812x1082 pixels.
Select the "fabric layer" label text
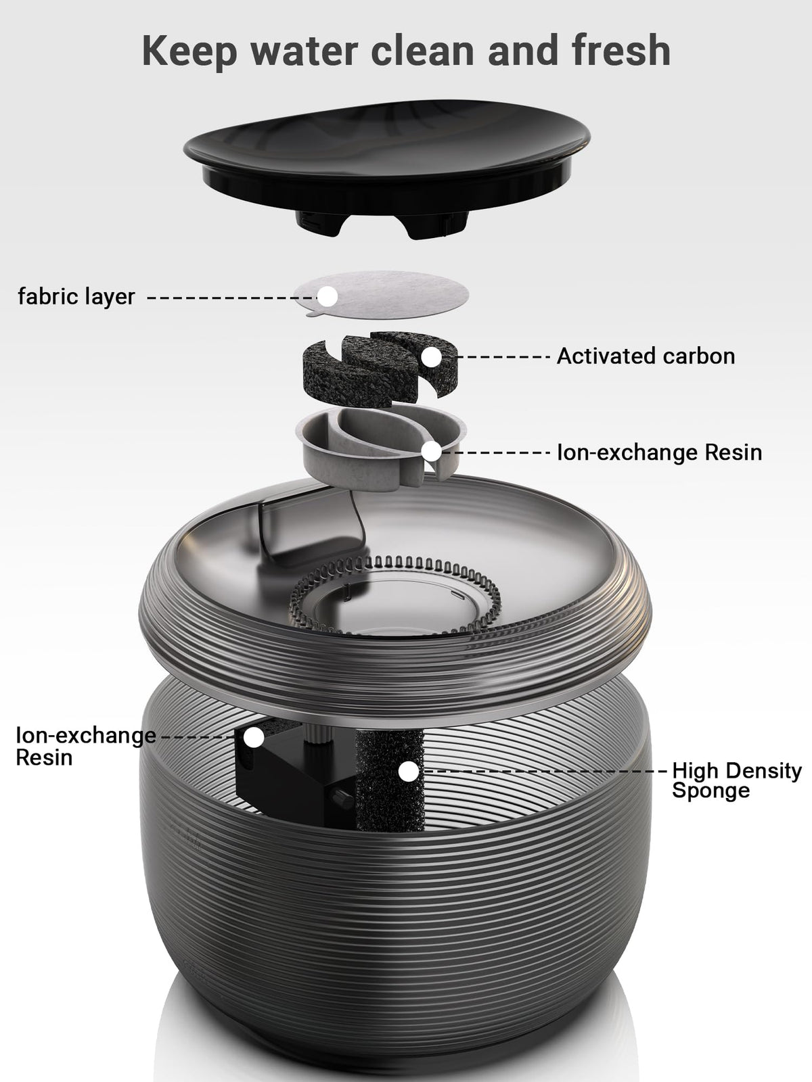pos(76,296)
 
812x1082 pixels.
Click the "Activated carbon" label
pos(646,356)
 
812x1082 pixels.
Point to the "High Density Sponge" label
pos(737,780)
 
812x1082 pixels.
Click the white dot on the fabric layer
pos(328,296)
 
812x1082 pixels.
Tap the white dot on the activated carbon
pos(432,357)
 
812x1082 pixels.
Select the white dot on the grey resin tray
pos(432,452)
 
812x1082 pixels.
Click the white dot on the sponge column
pos(408,772)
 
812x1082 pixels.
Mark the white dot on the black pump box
pos(254,737)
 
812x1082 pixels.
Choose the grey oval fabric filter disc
pos(381,293)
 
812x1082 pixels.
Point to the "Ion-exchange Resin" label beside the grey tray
pos(660,452)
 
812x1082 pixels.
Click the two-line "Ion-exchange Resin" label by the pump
pos(86,747)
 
